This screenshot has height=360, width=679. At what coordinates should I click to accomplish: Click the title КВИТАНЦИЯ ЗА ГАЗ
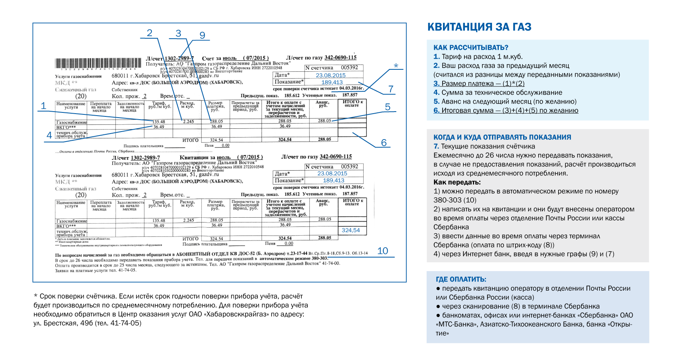point(479,27)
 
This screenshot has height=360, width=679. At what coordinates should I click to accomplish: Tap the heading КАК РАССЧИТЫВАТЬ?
point(470,47)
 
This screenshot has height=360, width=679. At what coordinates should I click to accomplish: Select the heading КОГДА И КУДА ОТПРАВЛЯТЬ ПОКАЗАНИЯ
point(502,137)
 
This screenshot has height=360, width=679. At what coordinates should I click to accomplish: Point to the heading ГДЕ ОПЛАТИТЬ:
point(461,279)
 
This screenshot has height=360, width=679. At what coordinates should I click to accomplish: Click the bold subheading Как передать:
point(457,182)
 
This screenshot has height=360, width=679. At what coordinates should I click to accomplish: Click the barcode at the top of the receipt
point(98,63)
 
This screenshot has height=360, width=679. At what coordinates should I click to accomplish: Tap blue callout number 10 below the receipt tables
point(382,251)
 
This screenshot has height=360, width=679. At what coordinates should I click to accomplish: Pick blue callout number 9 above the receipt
point(202,35)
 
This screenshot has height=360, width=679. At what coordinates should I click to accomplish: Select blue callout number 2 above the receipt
point(150,33)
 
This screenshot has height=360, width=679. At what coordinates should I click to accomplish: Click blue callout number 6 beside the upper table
point(384,142)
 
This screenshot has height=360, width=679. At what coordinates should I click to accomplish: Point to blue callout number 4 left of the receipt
point(49,135)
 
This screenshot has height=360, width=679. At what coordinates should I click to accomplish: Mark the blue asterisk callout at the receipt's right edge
point(396,66)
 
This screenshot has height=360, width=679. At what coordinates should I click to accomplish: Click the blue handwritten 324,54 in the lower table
point(350,230)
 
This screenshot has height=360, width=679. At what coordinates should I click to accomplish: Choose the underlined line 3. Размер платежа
point(479,83)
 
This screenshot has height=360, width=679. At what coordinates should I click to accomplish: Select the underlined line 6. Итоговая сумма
point(506,110)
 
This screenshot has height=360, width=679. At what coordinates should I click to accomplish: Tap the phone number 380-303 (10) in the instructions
point(455,200)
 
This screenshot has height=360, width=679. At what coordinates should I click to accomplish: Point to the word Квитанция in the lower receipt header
point(194,157)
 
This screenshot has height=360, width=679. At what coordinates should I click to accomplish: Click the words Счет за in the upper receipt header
point(211,58)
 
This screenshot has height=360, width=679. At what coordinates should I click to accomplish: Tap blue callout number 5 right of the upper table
point(388,107)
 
